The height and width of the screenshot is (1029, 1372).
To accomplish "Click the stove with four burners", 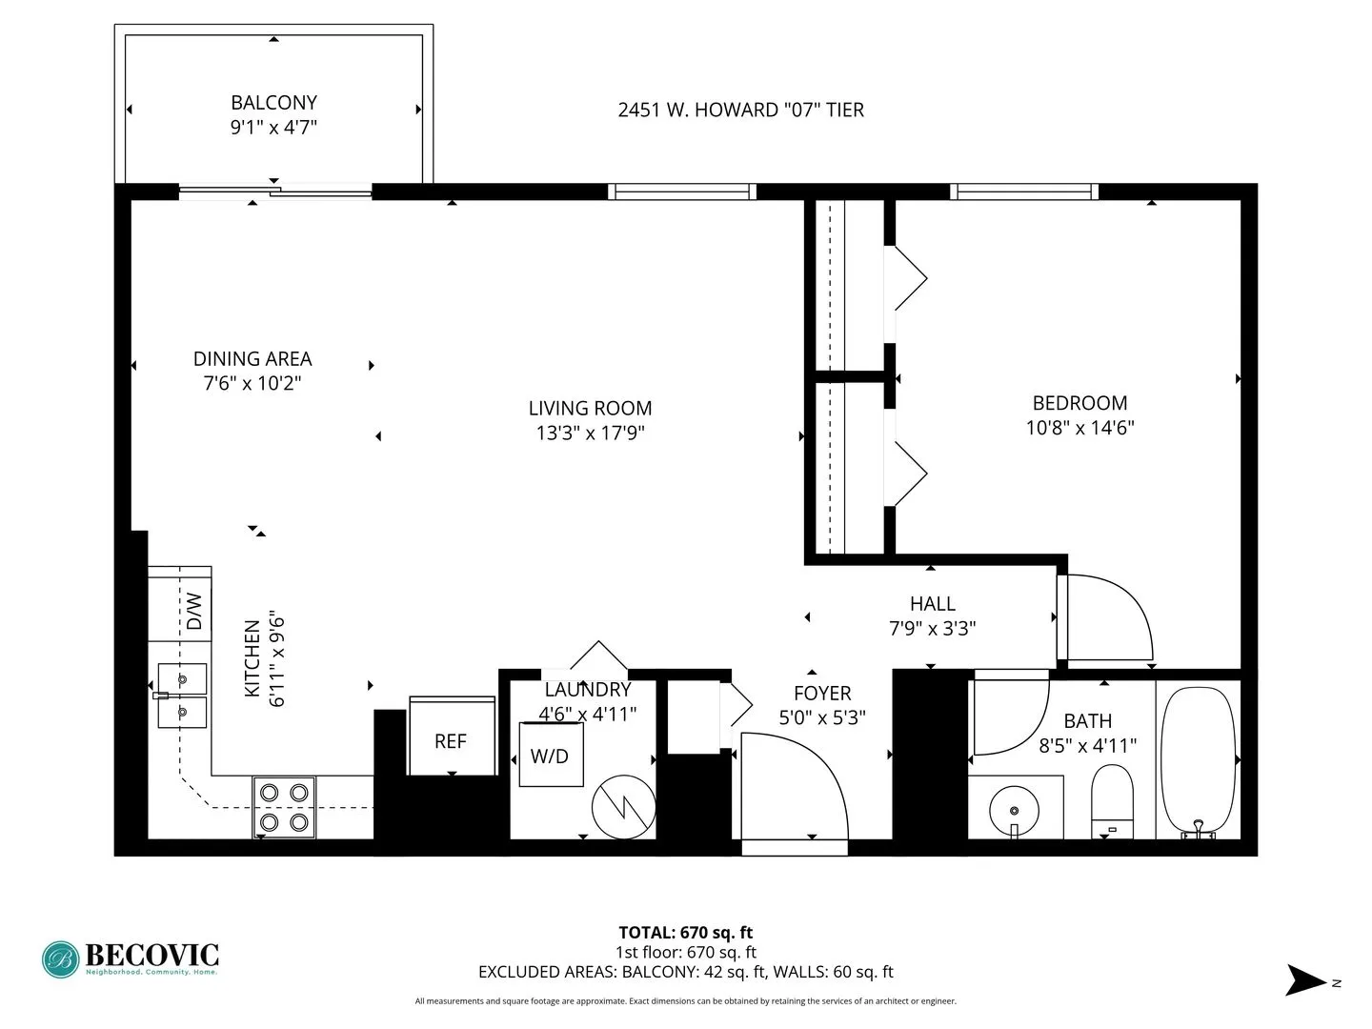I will (284, 807).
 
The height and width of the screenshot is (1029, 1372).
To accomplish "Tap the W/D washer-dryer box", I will (551, 756).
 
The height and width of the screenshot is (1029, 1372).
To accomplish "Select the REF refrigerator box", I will (451, 739).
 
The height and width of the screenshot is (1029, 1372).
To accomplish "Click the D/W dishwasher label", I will (193, 611).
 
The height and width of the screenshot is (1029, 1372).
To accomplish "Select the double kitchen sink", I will (182, 695).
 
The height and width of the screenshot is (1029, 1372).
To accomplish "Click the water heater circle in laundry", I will (623, 807).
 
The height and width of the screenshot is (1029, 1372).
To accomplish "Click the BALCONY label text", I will (273, 102).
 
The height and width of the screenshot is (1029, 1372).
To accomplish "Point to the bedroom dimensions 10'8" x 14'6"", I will (1079, 428).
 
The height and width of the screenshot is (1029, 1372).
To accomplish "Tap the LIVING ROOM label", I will (590, 408).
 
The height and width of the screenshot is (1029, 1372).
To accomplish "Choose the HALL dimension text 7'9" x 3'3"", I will (932, 628).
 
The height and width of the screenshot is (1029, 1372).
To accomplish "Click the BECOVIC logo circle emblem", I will (61, 959).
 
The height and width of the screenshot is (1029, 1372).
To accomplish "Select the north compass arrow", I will (1305, 980).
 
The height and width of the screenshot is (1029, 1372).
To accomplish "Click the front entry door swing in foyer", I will (794, 786).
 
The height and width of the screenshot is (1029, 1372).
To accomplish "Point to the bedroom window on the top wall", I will (1024, 192).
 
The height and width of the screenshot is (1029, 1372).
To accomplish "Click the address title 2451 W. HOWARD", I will (740, 110).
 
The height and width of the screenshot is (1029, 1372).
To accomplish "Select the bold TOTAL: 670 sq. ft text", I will (685, 933).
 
